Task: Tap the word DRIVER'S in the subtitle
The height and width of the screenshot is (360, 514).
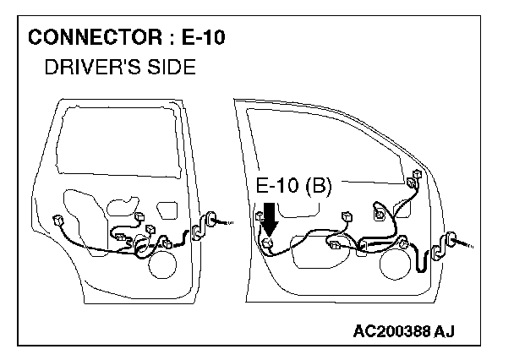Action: [x=88, y=67]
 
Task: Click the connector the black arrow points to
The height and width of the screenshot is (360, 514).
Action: [x=267, y=244]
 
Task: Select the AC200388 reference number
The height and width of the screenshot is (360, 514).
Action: [x=396, y=329]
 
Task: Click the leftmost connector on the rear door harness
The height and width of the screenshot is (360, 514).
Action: [x=57, y=220]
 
